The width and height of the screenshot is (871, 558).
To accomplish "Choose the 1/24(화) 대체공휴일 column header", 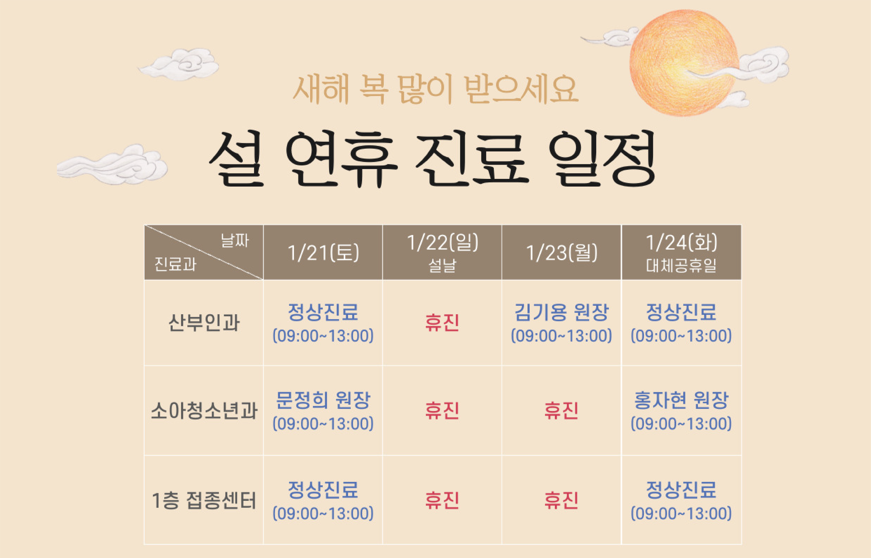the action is (x=681, y=253).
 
